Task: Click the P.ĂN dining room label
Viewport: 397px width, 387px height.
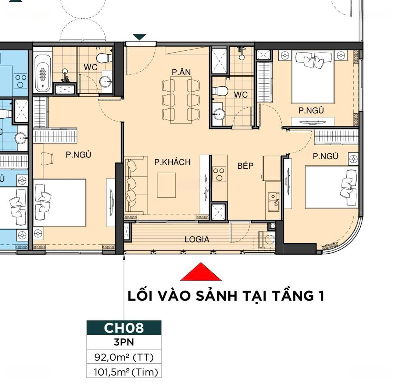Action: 181,72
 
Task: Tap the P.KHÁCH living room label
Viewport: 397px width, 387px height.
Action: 172,162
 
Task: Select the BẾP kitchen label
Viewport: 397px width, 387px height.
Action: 245,165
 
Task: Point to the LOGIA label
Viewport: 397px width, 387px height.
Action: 197,239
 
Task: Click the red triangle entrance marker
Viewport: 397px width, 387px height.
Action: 201,272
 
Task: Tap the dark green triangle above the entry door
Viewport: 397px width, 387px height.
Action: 140,37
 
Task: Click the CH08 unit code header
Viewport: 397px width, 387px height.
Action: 124,328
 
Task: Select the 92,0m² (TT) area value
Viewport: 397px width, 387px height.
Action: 124,357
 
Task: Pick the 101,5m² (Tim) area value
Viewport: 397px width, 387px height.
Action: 126,372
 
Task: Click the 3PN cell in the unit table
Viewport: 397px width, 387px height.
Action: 124,342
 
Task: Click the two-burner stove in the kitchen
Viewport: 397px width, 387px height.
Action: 219,174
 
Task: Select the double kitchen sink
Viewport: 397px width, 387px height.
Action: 274,202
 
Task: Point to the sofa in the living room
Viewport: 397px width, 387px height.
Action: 136,185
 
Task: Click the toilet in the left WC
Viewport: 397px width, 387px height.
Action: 104,58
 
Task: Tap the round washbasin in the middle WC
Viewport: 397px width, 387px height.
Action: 219,114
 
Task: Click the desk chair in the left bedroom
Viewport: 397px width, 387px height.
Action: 47,159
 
